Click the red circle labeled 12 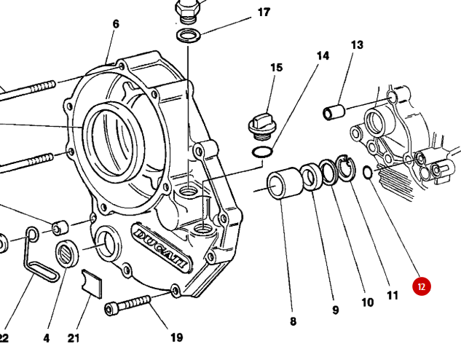[x=422, y=286]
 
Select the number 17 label [x=264, y=12]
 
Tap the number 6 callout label [x=115, y=24]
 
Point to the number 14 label [x=323, y=55]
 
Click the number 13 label [x=357, y=45]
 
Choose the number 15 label [x=277, y=68]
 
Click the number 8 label [x=293, y=320]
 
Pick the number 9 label [x=336, y=310]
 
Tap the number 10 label [x=367, y=302]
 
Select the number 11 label [x=393, y=295]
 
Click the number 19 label [x=176, y=337]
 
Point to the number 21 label [x=74, y=338]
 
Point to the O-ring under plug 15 [x=262, y=152]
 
